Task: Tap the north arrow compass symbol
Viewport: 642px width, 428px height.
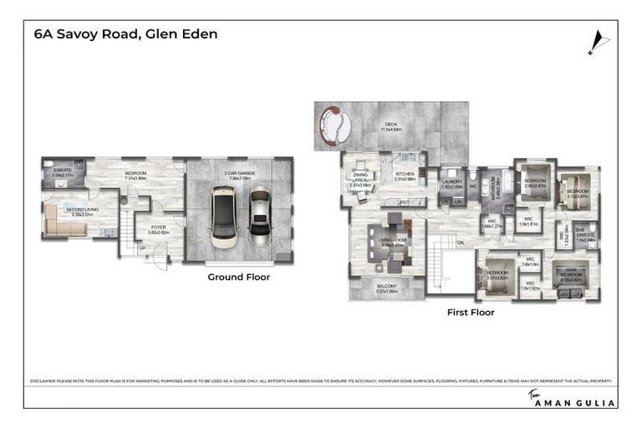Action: pos(595,40)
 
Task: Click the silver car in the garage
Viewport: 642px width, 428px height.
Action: pos(260,216)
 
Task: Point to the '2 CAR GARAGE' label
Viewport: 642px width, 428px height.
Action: pos(239,174)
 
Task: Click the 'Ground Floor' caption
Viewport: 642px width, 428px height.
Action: pos(238,277)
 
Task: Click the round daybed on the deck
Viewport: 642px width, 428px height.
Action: pos(336,127)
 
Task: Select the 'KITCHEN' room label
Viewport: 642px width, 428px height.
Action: pos(405,176)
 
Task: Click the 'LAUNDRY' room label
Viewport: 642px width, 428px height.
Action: pos(452,183)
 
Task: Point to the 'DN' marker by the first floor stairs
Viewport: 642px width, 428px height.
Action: pos(459,244)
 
